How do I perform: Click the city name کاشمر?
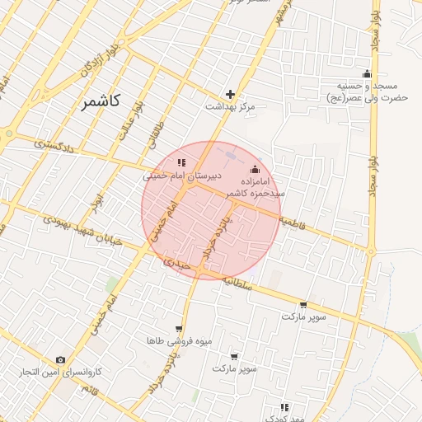click(x=101, y=102)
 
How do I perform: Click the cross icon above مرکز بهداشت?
click(x=230, y=94)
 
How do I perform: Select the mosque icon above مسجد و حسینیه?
click(x=367, y=73)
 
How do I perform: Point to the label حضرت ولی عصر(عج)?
click(x=367, y=98)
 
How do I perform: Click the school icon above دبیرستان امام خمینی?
click(x=181, y=162)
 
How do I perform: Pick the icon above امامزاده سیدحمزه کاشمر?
click(x=254, y=169)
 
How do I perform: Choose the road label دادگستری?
click(x=54, y=146)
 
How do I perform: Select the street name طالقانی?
click(x=157, y=134)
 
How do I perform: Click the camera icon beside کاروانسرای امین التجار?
click(x=60, y=360)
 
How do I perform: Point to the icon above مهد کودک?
click(x=284, y=407)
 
